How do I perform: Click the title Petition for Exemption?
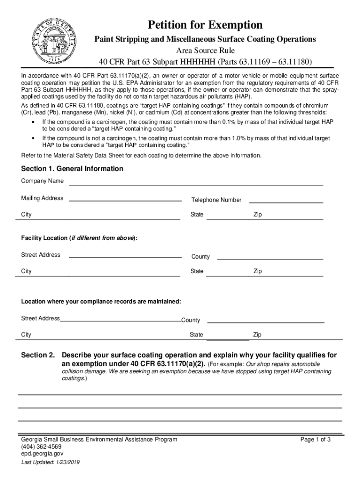pos(205,25)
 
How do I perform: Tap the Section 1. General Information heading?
pos(72,168)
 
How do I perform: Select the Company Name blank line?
pos(196,183)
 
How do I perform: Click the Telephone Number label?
pos(216,200)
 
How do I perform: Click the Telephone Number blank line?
pos(286,200)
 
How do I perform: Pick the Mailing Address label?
pos(42,198)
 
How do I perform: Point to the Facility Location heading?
pos(79,238)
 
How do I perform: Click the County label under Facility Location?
pos(201,257)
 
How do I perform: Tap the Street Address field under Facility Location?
pos(125,255)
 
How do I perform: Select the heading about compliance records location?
pos(101,302)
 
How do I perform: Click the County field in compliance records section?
pos(265,320)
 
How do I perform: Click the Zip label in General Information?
pos(258,215)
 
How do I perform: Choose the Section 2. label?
pos(38,355)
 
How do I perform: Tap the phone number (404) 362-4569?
pos(41,446)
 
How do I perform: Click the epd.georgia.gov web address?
pos(42,453)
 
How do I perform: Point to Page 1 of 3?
pos(316,439)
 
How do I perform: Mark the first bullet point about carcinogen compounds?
pos(187,124)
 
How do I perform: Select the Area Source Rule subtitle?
pos(205,51)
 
